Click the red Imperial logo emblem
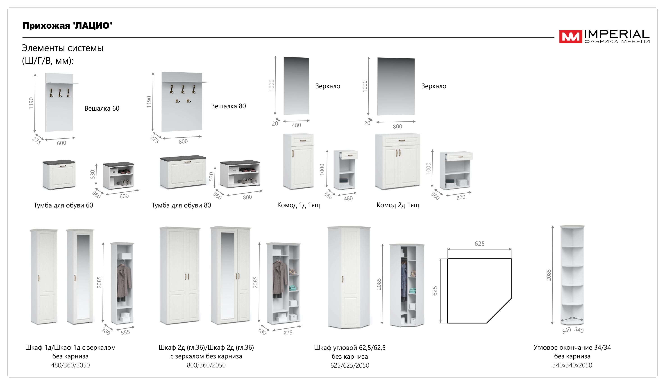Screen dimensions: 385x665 click(570, 37)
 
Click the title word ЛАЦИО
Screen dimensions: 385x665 click(92, 26)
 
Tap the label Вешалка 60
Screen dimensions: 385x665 click(102, 109)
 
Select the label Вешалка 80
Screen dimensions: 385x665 click(228, 106)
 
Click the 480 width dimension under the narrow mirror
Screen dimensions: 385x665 click(296, 125)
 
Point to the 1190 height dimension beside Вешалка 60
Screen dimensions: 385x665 click(31, 103)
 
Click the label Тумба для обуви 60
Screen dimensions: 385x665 click(63, 205)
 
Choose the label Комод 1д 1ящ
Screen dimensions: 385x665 click(298, 205)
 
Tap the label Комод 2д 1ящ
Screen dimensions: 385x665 click(398, 205)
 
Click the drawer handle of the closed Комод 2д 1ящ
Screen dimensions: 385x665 click(402, 141)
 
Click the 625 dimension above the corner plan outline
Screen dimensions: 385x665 click(479, 244)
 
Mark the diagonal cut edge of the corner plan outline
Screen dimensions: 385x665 click(499, 310)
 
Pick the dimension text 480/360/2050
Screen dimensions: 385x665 click(70, 365)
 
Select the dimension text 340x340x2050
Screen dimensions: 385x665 click(572, 365)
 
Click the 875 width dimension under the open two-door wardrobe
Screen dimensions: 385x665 click(288, 333)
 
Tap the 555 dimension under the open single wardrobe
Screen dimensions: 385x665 click(125, 333)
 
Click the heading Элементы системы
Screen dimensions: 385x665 click(63, 48)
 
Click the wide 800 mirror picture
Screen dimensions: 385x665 click(396, 86)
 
